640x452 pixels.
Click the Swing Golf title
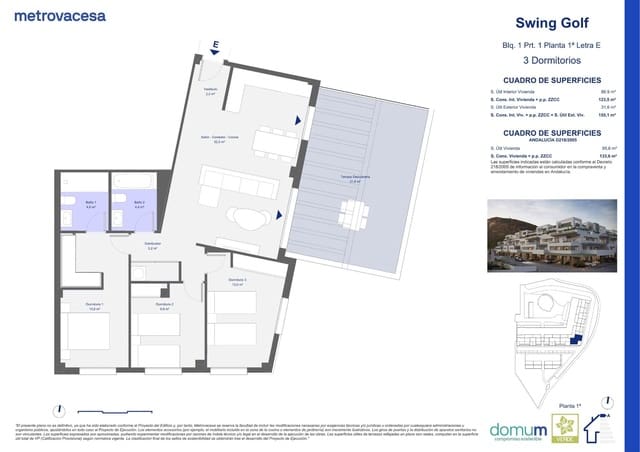point(552,23)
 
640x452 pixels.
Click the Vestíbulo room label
point(210,91)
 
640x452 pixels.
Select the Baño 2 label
point(140,204)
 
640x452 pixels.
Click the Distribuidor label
point(153,245)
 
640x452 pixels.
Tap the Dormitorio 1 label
point(95,306)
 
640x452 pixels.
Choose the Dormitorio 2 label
point(165,306)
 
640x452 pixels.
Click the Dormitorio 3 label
point(238,282)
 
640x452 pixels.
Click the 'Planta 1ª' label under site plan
point(570,404)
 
